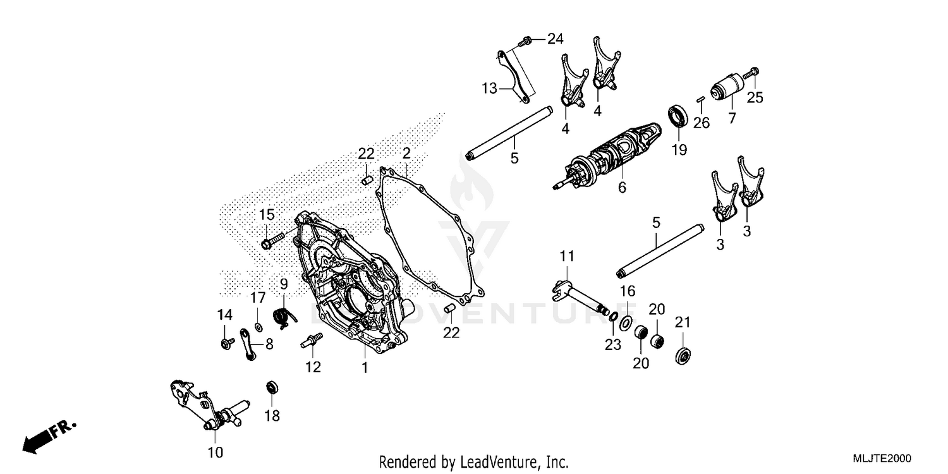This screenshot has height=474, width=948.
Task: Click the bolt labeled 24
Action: coord(523,42)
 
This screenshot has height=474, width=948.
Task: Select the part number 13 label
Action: coord(490,88)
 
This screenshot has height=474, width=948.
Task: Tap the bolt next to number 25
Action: coord(751,74)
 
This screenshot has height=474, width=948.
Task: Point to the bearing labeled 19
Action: coord(678,116)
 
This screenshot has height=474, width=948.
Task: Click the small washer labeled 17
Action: coord(258,327)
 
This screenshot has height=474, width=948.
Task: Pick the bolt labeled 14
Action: coord(224,343)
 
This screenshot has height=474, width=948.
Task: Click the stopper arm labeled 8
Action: coord(248,344)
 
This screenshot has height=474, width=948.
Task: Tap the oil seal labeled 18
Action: coord(272,386)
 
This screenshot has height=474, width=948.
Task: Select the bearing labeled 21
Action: coord(683,355)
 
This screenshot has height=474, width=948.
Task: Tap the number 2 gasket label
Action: coord(406,153)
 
